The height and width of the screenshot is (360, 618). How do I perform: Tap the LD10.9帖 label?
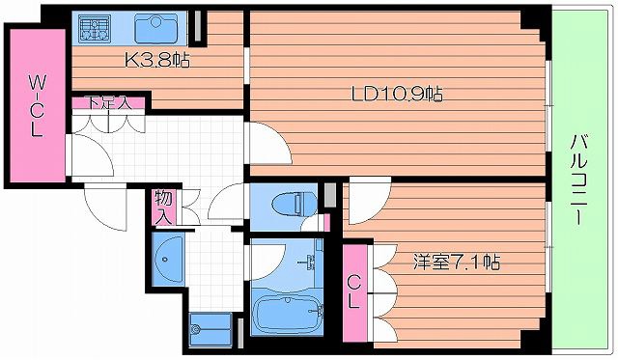point(396,95)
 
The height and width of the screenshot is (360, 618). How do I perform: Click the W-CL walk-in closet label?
point(35,105)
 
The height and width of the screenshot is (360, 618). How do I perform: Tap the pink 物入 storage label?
point(163,206)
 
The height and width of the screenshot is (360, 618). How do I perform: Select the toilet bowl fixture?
point(290,204)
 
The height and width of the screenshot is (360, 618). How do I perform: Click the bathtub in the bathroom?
point(286,314)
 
